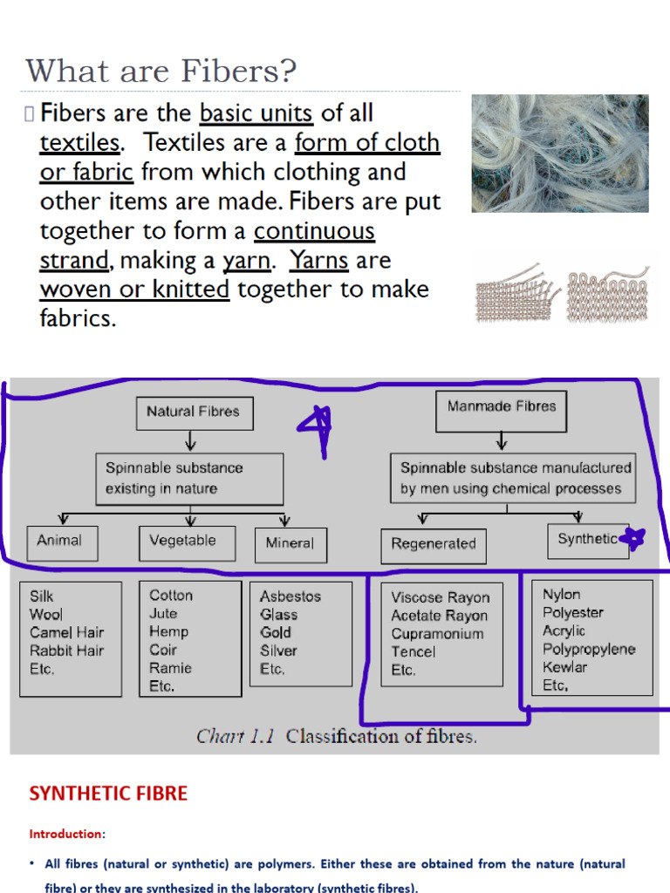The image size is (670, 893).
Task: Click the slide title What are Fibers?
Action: pos(161,72)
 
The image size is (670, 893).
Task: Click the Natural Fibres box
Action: pos(194,412)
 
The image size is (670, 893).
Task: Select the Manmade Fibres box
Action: pos(501,407)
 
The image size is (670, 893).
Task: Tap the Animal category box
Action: pos(62,542)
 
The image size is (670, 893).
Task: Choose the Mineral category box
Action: pos(291,543)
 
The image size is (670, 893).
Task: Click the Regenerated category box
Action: pos(434,545)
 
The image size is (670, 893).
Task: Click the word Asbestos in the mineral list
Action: pos(291,596)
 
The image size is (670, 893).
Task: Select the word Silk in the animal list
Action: pos(41,596)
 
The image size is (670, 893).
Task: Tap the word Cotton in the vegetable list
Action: pos(171,596)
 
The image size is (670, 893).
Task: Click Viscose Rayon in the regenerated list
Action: pos(441,598)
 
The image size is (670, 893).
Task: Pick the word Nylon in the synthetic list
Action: pos(561,595)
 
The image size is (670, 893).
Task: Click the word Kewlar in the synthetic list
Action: pos(564,667)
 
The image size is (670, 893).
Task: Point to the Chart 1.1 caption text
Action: pos(336,736)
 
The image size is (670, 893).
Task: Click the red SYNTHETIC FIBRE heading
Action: pos(108,794)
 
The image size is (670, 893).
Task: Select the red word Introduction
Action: pos(65,835)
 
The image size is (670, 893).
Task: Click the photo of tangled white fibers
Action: pos(559,153)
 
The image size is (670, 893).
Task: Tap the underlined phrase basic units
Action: pos(256,114)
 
